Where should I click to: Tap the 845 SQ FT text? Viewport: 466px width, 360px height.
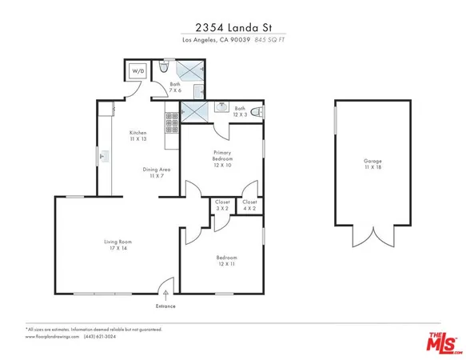click(x=272, y=40)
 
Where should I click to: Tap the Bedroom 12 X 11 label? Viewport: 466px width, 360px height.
click(x=226, y=260)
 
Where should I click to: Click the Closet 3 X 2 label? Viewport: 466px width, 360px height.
click(x=222, y=205)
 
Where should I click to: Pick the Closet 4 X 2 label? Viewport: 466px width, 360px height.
click(x=249, y=205)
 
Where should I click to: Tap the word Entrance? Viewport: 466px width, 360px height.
click(x=166, y=306)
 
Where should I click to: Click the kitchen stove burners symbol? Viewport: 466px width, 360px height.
click(x=171, y=122)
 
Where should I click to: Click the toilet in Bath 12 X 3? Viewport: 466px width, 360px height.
click(x=257, y=112)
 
